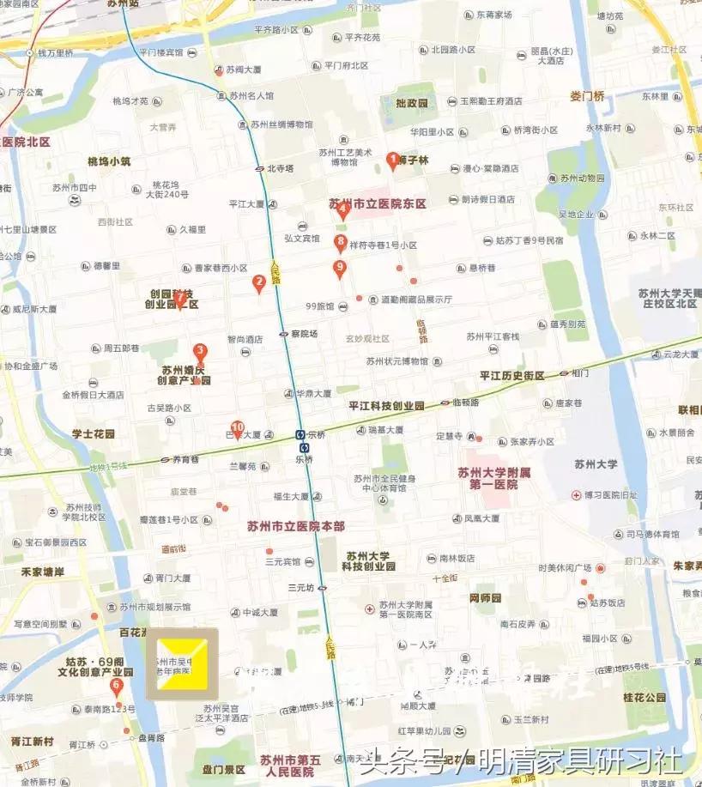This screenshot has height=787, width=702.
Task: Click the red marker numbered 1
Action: [x=393, y=160]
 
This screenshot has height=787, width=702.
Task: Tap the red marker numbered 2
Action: [x=258, y=282]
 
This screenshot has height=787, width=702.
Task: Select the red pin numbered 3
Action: [x=200, y=351]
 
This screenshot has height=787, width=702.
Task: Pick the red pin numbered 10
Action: [x=238, y=427]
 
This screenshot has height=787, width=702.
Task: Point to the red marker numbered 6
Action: [x=117, y=685]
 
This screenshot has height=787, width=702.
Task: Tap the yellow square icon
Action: [x=181, y=663]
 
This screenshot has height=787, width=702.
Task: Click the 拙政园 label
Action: [x=412, y=103]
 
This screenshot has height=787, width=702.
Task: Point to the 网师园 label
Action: [x=485, y=597]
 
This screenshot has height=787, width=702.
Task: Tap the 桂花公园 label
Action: [x=645, y=698]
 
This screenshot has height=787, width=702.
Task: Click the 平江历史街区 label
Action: [x=513, y=376]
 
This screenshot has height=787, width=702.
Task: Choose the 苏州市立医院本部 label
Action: [x=295, y=526]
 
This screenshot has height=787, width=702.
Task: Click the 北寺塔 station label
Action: [x=281, y=169]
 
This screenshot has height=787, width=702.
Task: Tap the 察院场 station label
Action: [x=304, y=334]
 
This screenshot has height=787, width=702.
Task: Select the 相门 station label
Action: [x=580, y=373]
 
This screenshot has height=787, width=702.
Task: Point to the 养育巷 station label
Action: [x=185, y=460]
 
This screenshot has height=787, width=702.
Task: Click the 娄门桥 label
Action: [x=587, y=96]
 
